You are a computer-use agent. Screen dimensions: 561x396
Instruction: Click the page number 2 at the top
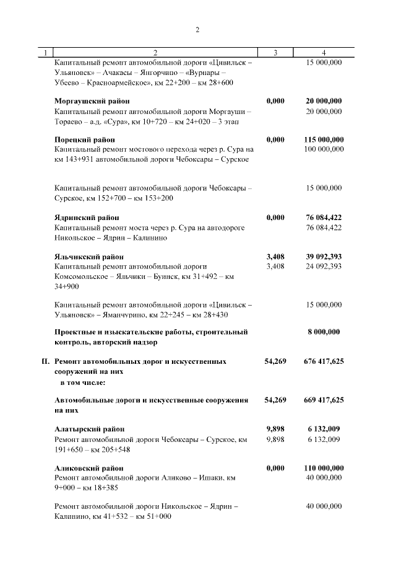click(x=197, y=29)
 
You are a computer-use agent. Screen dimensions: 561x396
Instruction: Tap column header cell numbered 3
click(x=275, y=53)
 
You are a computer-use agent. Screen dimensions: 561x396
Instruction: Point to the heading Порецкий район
click(x=85, y=139)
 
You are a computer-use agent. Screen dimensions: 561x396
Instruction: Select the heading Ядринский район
click(x=87, y=218)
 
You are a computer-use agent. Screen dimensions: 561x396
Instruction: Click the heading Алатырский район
click(x=90, y=428)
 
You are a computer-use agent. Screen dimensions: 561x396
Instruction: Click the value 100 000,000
click(x=324, y=149)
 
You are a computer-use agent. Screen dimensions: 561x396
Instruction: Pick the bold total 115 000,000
click(x=324, y=139)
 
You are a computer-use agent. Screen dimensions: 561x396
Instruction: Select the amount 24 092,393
click(x=324, y=266)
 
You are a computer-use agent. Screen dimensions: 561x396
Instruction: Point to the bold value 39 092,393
click(x=324, y=256)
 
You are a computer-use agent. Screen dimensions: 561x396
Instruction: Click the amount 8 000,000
click(x=324, y=332)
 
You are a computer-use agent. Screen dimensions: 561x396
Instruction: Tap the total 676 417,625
click(x=324, y=360)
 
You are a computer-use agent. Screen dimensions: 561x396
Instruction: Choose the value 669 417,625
click(x=324, y=400)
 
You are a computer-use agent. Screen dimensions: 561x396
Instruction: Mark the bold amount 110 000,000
click(x=324, y=467)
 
